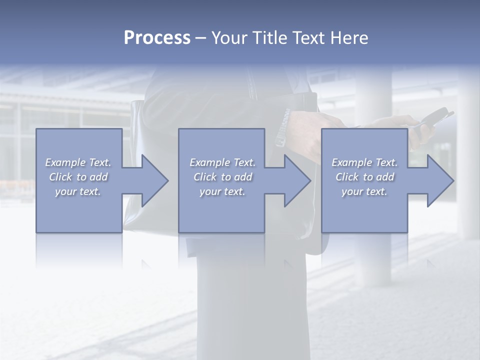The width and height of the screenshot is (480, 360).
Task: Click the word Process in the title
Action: pos(157,38)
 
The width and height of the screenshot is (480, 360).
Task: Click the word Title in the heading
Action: pos(269,38)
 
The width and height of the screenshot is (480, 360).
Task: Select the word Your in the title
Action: pos(228,38)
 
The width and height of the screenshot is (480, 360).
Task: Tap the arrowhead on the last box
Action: pos(438,180)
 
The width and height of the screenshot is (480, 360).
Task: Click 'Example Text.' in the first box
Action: pos(78,162)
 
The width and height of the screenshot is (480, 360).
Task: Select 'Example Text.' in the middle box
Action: pos(222,162)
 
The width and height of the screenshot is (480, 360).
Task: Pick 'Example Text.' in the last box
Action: pos(364,162)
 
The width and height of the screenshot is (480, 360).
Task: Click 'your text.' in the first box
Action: pos(78,191)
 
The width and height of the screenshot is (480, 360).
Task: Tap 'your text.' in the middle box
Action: pos(222,191)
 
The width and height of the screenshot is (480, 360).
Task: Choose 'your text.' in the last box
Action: pos(364,191)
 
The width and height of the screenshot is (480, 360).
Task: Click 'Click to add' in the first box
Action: pos(78,177)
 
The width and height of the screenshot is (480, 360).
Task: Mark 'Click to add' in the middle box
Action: pos(222,177)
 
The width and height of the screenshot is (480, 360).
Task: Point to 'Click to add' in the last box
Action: pos(364,177)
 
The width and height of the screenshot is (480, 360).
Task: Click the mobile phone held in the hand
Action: pos(431,120)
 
